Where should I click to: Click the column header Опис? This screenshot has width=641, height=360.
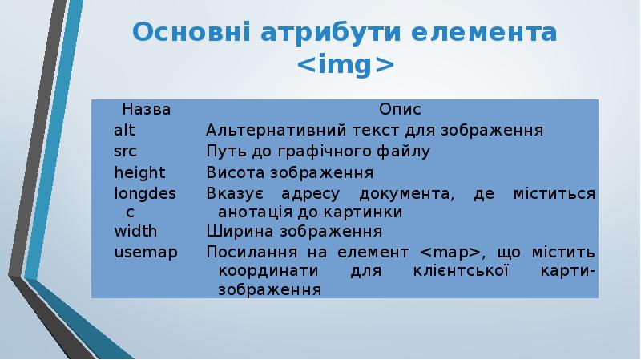coord(400,109)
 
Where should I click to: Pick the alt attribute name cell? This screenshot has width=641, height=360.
coord(124,130)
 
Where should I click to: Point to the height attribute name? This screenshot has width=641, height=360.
coord(139,172)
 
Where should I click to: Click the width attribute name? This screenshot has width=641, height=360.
coord(135,232)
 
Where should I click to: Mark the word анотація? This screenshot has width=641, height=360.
coord(256,212)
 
